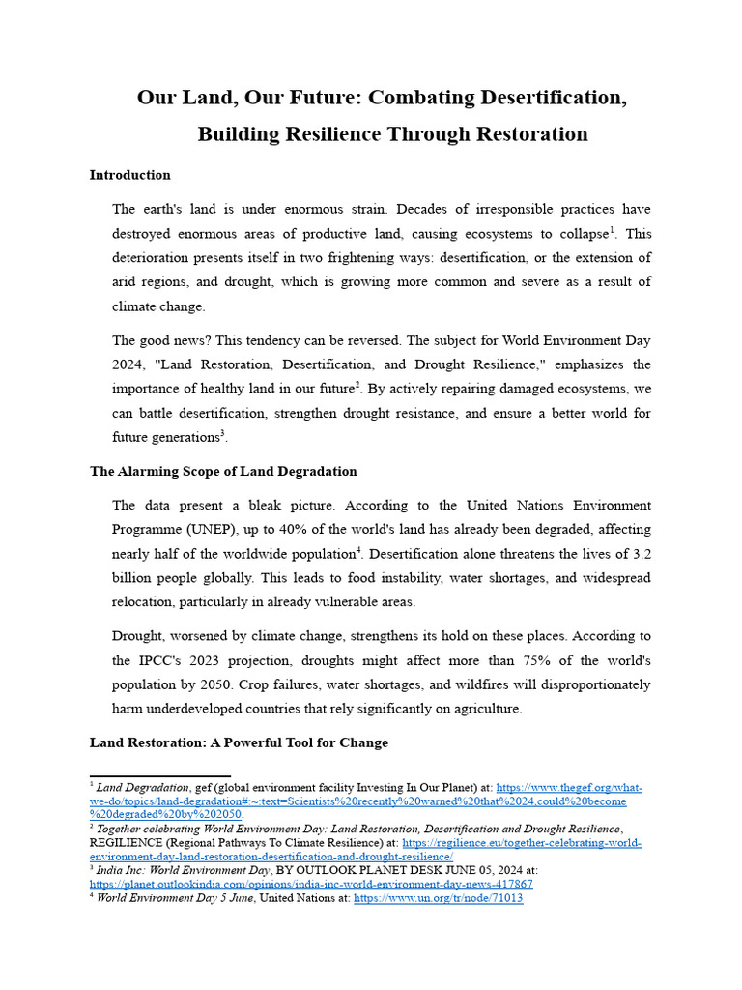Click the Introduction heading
130,175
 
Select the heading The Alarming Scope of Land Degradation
223,471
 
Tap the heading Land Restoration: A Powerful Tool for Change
239,742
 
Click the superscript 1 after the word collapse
612,230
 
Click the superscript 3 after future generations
223,432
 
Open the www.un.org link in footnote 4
438,898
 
